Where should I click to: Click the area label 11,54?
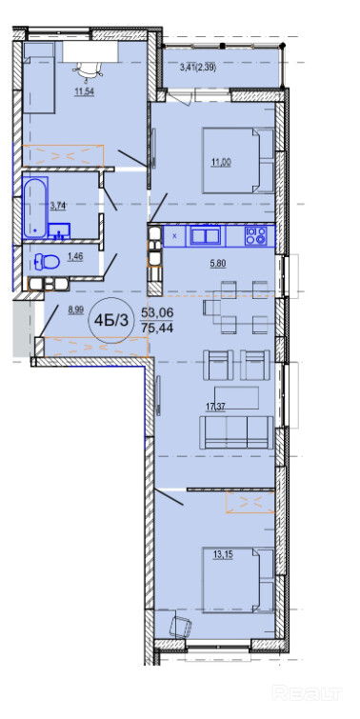[x=85, y=91]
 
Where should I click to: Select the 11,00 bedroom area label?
[x=221, y=163]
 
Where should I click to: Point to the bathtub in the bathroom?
[x=35, y=208]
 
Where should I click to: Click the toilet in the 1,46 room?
[x=47, y=263]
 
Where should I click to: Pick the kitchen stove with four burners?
[x=256, y=236]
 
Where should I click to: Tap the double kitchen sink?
[x=206, y=236]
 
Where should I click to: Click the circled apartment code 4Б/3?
[x=111, y=320]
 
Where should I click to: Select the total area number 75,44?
[x=157, y=327]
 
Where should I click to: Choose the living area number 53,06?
[x=157, y=312]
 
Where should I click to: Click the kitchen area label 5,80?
[x=219, y=263]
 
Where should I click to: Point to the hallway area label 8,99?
[x=75, y=310]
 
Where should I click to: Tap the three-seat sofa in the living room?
[x=236, y=432]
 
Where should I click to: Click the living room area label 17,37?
[x=215, y=406]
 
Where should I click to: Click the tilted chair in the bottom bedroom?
[x=181, y=626]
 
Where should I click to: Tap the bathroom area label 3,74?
[x=57, y=206]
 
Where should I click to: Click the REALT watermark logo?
[x=307, y=692]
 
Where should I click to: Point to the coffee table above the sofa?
[x=236, y=397]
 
